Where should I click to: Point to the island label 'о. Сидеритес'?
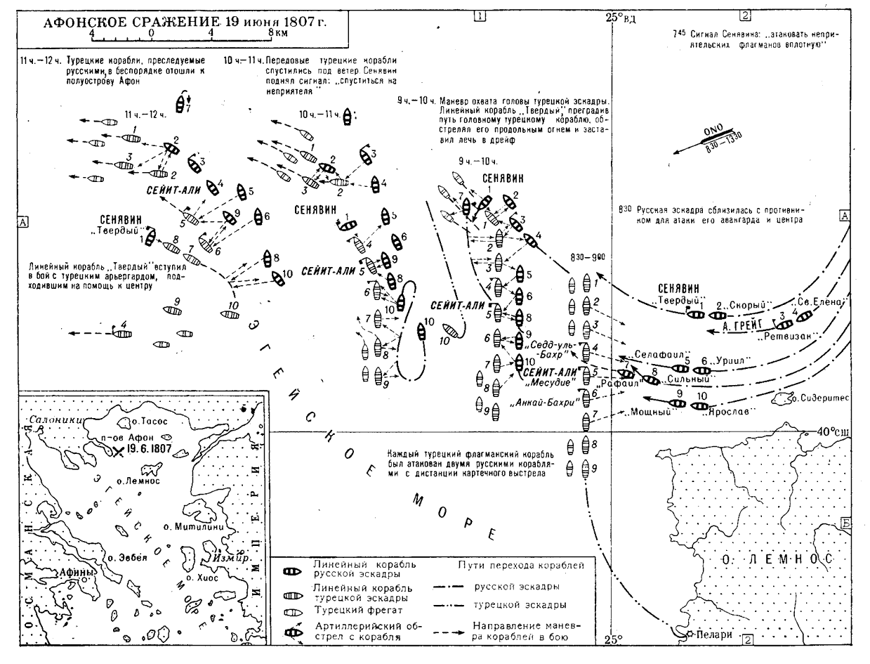[x=821, y=398]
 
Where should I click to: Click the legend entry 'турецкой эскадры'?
[x=513, y=604]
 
